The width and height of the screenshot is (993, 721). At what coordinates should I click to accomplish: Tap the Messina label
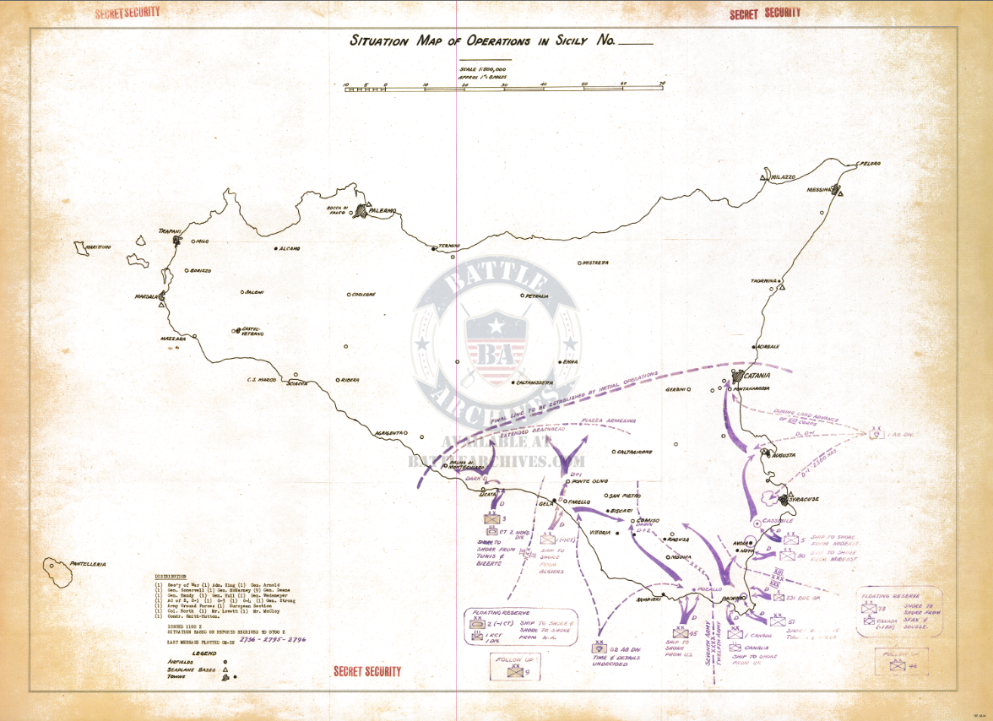[819, 190]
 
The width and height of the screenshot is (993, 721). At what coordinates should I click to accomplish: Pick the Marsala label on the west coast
[147, 297]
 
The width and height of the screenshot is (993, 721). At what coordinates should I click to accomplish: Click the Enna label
[570, 362]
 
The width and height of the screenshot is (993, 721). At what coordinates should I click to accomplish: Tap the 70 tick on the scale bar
[662, 84]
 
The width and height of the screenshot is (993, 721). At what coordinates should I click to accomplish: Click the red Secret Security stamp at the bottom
[367, 671]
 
